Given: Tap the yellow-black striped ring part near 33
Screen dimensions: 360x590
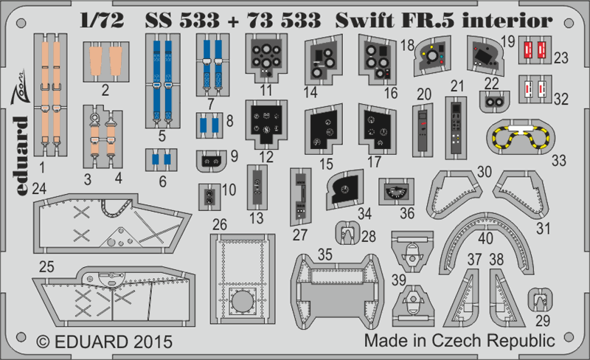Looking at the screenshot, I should pyautogui.click(x=525, y=139).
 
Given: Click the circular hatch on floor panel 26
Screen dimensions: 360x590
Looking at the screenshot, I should pyautogui.click(x=241, y=302).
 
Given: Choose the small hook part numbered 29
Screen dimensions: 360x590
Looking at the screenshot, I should pyautogui.click(x=541, y=301).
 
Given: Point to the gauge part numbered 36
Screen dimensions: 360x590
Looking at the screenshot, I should pyautogui.click(x=397, y=192).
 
